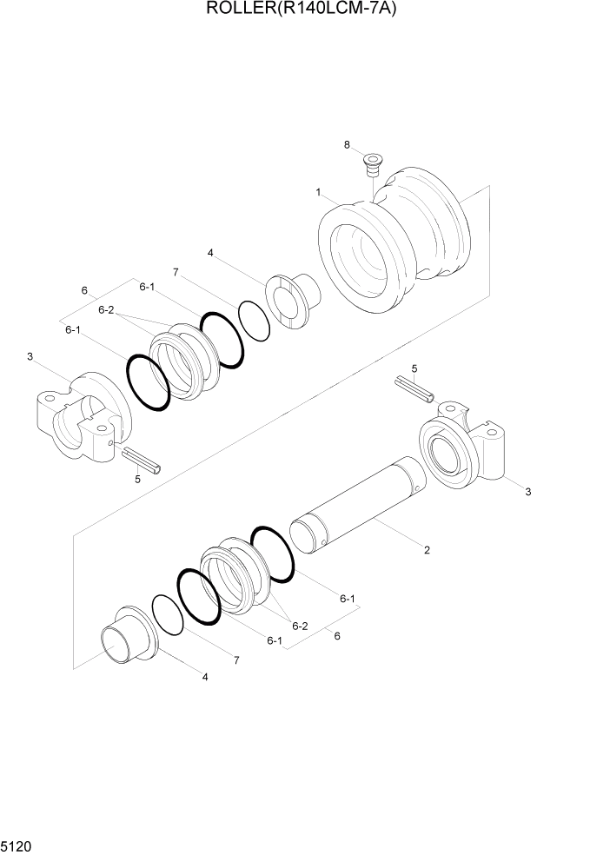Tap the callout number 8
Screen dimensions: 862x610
(x=347, y=145)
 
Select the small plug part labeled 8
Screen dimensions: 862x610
(x=374, y=164)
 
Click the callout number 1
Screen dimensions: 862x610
(x=319, y=191)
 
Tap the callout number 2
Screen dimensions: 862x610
(x=426, y=550)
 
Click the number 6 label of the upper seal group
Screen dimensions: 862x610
(x=84, y=290)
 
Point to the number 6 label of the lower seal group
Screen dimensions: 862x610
(x=337, y=635)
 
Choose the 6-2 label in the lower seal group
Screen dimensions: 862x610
(x=301, y=626)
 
